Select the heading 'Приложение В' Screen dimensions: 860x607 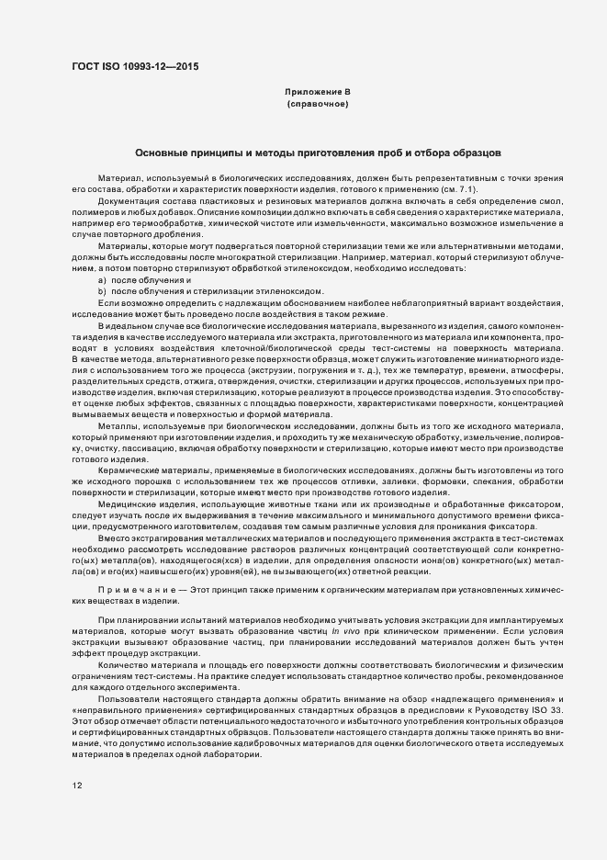pyautogui.click(x=318, y=92)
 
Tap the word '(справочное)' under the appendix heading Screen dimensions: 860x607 pyautogui.click(x=318, y=104)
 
